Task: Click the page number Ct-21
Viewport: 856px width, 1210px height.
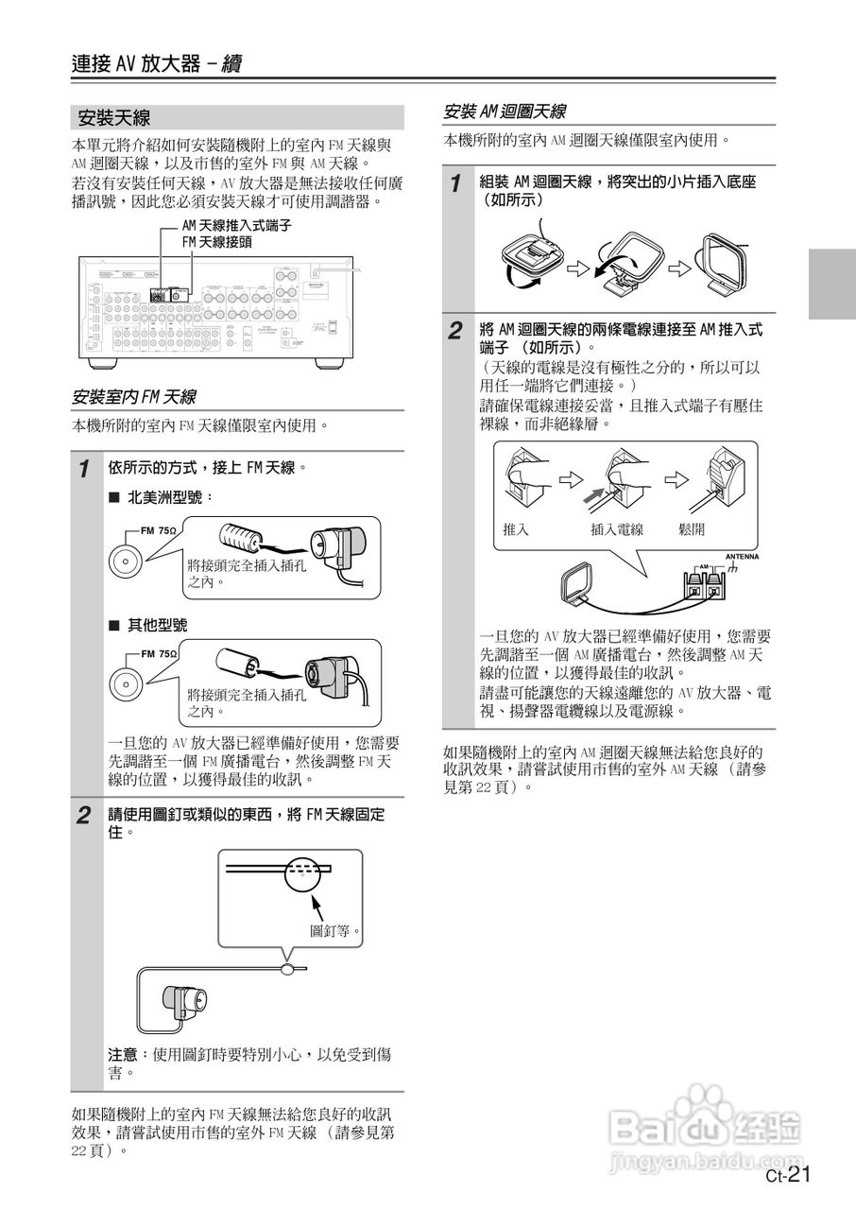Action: pyautogui.click(x=788, y=1175)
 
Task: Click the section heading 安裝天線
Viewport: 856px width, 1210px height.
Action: pyautogui.click(x=114, y=118)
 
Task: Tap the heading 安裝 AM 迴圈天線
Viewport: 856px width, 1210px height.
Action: pyautogui.click(x=505, y=112)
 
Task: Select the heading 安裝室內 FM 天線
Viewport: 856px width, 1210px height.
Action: pyautogui.click(x=133, y=396)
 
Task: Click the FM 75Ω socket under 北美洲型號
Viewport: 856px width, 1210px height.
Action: pyautogui.click(x=123, y=560)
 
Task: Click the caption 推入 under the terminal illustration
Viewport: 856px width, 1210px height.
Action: pyautogui.click(x=517, y=529)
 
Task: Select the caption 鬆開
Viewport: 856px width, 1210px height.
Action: pyautogui.click(x=692, y=529)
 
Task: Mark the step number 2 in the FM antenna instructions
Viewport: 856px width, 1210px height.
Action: pyautogui.click(x=84, y=815)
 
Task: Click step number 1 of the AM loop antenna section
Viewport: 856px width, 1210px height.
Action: pyautogui.click(x=455, y=183)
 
